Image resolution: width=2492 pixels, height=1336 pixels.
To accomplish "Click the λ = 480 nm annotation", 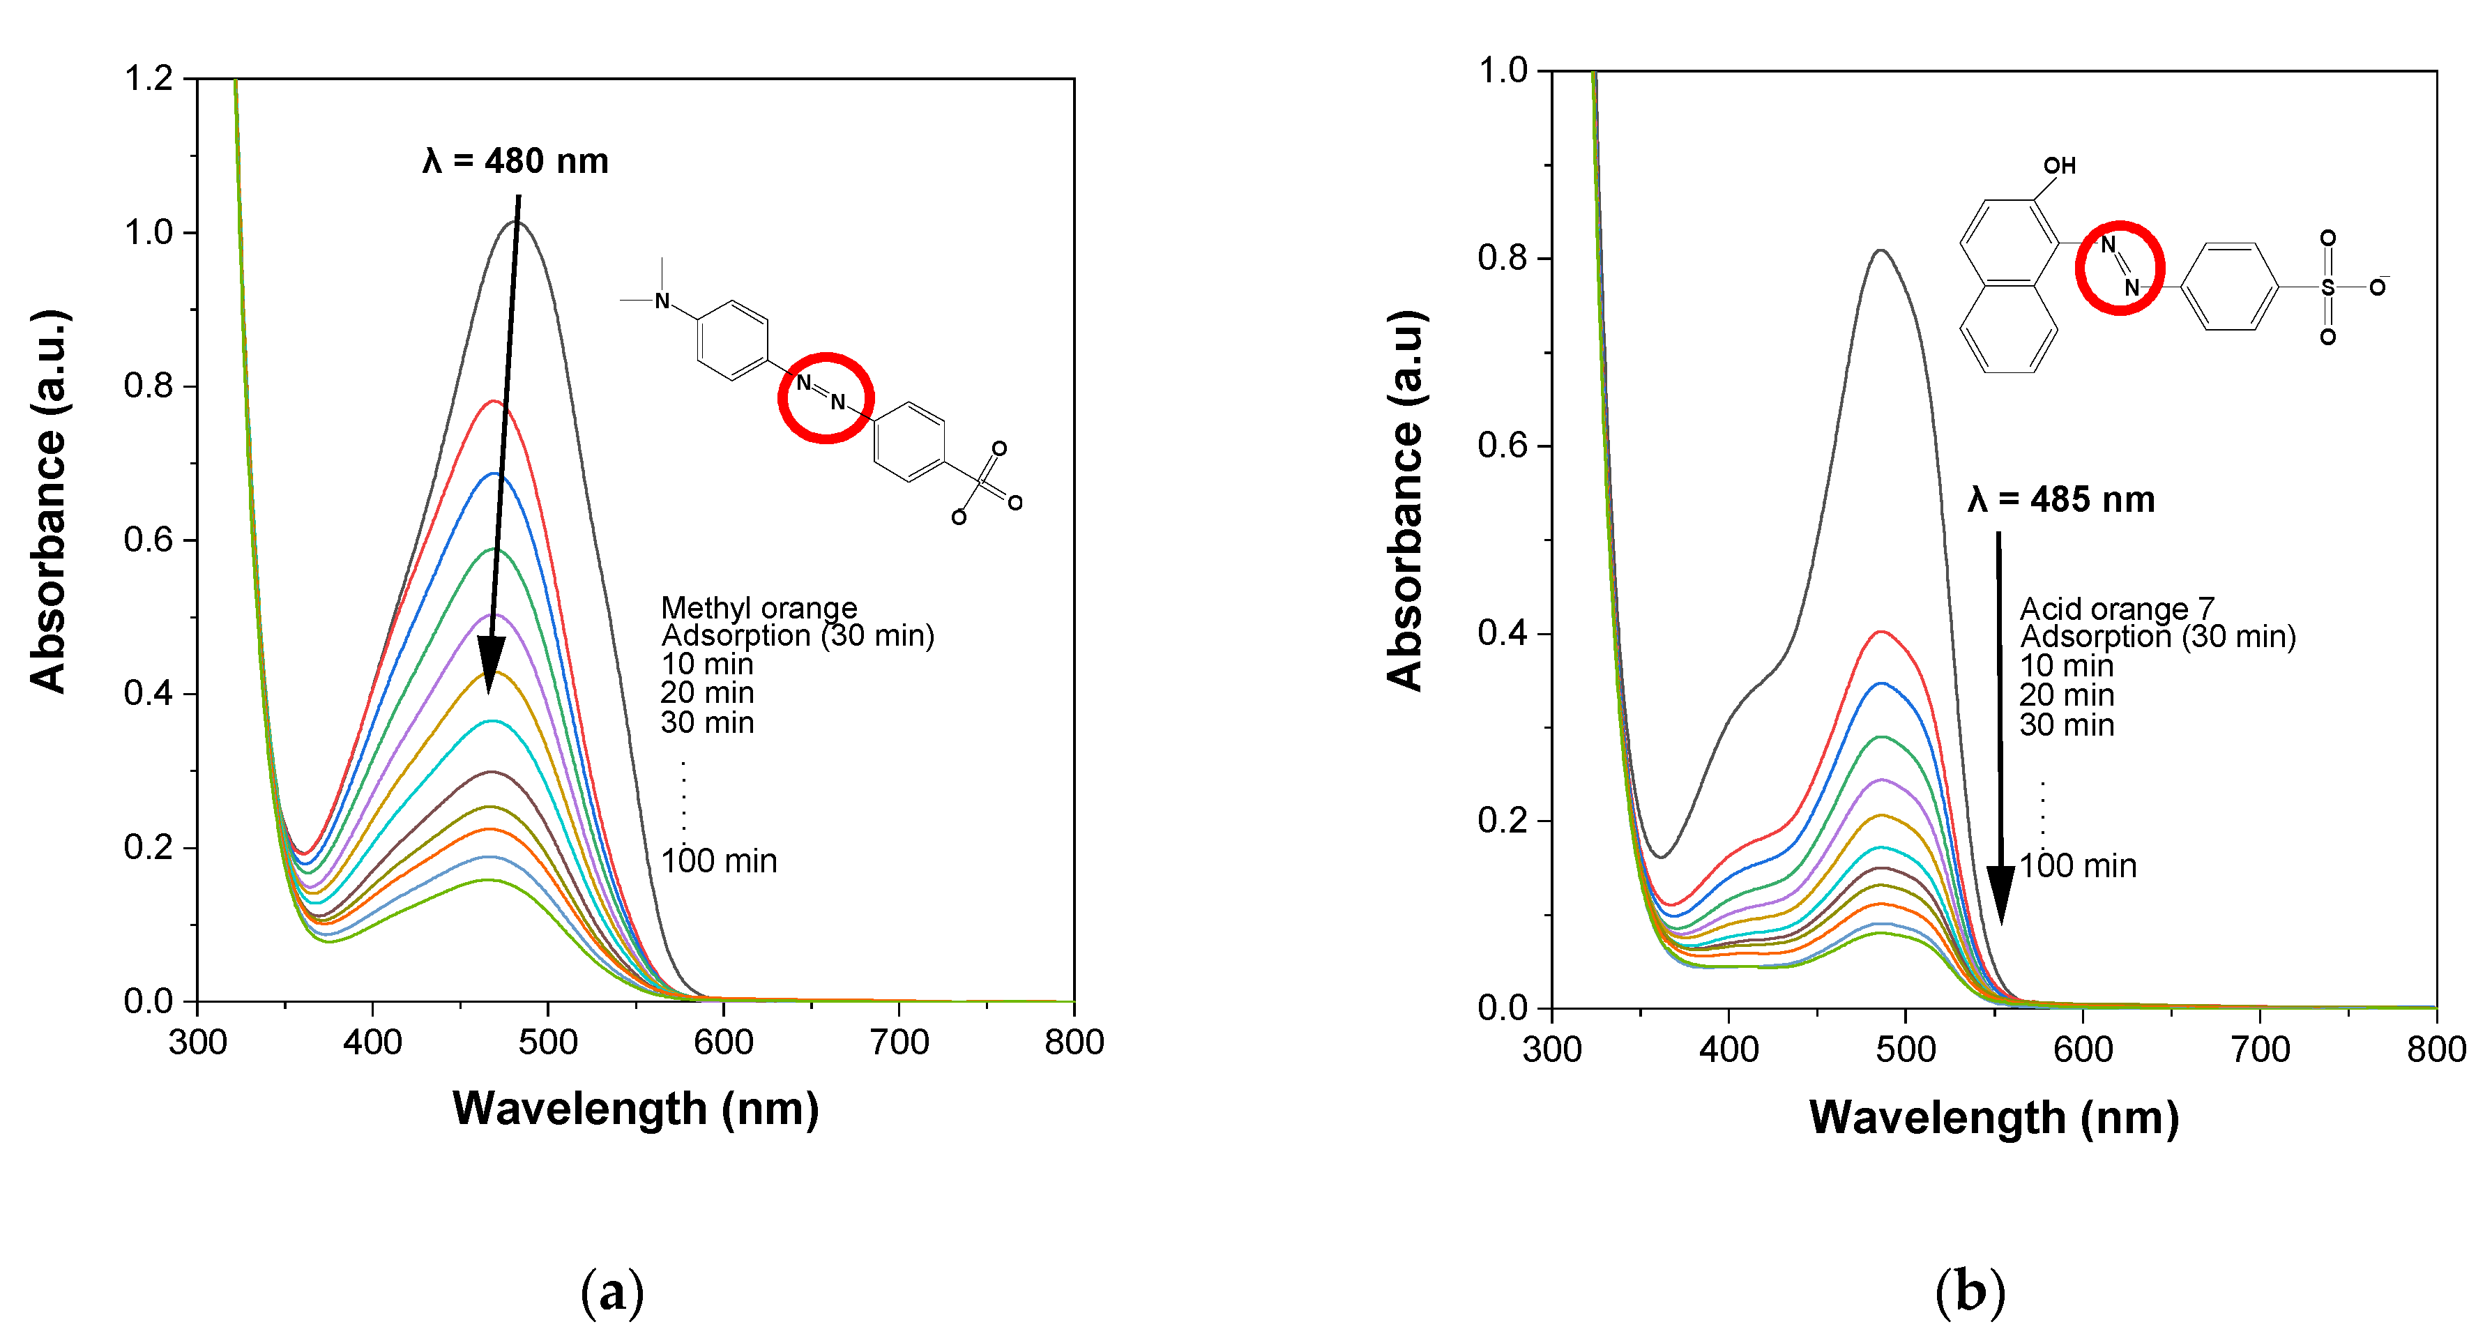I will point(515,160).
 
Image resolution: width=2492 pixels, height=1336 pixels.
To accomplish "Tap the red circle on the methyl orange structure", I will point(826,397).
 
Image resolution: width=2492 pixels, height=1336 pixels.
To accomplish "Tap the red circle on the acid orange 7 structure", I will point(2118,268).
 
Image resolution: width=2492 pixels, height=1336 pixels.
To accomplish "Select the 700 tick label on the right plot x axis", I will point(2260,1049).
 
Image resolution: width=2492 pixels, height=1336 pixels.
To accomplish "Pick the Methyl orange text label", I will point(759,607).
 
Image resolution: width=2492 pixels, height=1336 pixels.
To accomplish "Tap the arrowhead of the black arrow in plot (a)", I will point(490,667).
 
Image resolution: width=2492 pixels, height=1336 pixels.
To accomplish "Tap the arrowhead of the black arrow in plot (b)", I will point(2000,895).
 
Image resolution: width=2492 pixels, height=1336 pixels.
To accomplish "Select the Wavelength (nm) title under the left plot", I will point(636,1109).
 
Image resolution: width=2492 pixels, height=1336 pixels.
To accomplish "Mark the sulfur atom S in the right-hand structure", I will point(2327,287).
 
